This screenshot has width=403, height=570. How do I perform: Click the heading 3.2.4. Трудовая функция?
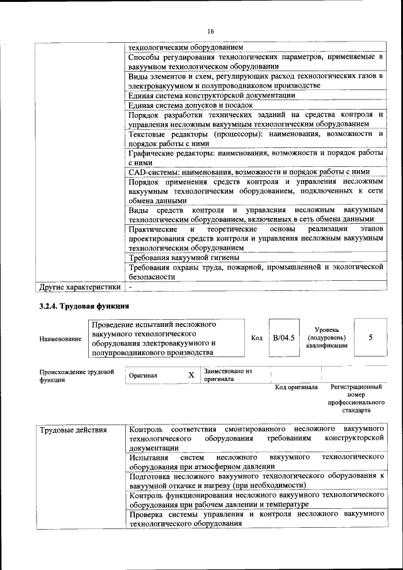click(84, 306)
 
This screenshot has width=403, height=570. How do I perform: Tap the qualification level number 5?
click(371, 338)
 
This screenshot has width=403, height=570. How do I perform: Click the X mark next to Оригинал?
click(191, 375)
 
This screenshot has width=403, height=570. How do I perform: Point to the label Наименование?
click(60, 339)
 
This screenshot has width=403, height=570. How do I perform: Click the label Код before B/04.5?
click(257, 338)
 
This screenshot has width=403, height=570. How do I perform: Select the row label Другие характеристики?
click(79, 287)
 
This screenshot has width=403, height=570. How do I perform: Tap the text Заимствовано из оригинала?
click(227, 375)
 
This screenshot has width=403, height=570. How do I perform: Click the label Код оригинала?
click(296, 387)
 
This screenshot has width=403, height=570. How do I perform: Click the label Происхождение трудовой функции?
click(76, 376)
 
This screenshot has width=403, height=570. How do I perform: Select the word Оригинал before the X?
click(143, 375)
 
